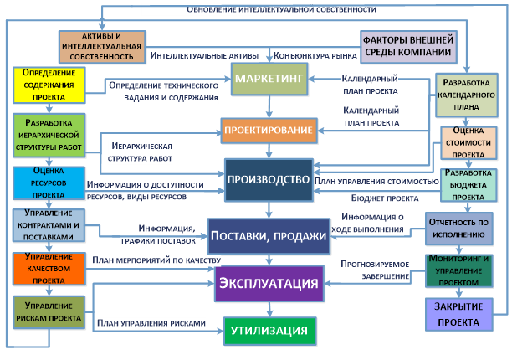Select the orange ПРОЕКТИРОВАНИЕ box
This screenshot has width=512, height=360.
(268, 128)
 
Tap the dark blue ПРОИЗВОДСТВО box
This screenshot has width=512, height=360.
(269, 179)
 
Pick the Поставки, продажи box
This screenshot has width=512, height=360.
(268, 235)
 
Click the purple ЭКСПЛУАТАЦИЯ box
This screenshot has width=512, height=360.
(269, 282)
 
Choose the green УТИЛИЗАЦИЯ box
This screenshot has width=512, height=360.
(269, 331)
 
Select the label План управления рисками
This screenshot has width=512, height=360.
(150, 322)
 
